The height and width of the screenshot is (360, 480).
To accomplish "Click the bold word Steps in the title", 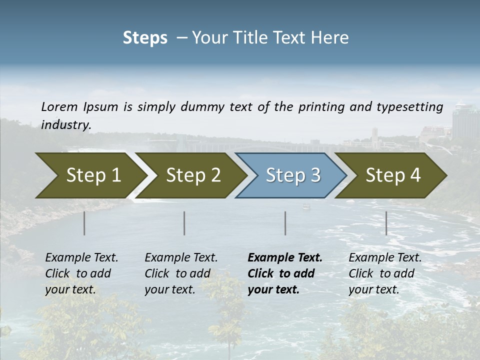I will coord(145,38).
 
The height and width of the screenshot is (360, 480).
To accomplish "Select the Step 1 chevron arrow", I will coord(90,175).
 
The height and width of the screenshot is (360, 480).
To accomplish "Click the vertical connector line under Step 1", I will coord(84,223).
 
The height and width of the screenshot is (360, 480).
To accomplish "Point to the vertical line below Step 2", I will coord(184,223).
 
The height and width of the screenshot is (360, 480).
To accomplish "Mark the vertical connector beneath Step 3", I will coord(285,223).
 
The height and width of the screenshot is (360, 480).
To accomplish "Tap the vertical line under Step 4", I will coord(386,223).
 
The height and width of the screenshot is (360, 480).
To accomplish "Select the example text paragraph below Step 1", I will coord(81,273).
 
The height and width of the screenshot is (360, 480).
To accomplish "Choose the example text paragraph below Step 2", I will coord(181,273).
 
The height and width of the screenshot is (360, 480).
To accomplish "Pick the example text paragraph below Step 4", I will coord(385,273).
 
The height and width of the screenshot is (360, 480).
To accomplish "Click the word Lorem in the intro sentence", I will coord(59,106).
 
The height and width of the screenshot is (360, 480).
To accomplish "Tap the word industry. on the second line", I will coord(66,125).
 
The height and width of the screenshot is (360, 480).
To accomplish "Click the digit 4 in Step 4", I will coord(415,175).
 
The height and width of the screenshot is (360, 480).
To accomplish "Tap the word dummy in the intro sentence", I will coord(203,107).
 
